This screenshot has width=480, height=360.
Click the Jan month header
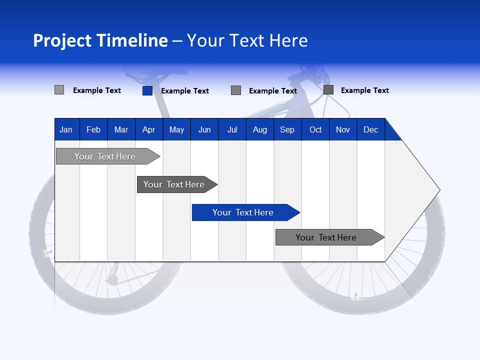click(x=66, y=129)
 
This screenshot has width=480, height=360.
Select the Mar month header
click(x=121, y=129)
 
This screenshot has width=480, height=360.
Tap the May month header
click(x=176, y=129)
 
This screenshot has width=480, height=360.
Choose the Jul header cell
click(x=232, y=129)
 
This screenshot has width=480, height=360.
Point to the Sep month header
click(x=287, y=129)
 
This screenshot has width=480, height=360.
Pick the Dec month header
click(x=370, y=129)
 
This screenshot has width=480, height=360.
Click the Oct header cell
click(x=315, y=129)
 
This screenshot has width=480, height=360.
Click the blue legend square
click(x=147, y=90)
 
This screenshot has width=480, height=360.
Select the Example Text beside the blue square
click(x=185, y=91)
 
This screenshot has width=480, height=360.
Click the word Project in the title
click(x=62, y=40)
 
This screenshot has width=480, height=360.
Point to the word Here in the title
click(x=288, y=40)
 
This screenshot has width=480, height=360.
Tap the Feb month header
click(x=93, y=129)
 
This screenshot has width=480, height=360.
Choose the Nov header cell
click(x=343, y=129)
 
